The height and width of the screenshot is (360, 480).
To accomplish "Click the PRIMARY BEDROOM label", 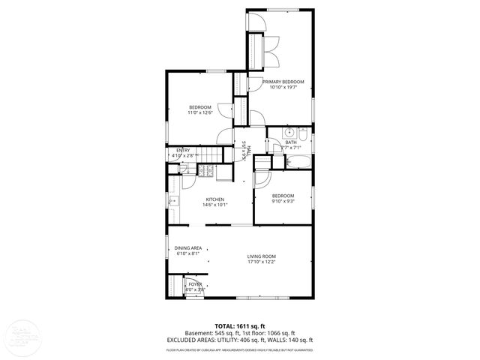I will [x=283, y=81].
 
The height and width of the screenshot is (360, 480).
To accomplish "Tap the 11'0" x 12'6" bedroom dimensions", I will [x=200, y=113].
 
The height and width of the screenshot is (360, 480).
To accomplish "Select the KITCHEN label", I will [x=215, y=199].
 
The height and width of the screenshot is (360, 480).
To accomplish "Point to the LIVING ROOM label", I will [x=262, y=256].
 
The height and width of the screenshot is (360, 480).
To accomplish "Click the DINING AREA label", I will [x=188, y=248].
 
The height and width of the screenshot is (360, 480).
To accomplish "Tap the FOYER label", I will [x=195, y=284].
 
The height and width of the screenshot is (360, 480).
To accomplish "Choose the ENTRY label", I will [x=183, y=151].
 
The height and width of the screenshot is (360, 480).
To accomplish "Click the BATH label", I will [x=290, y=142].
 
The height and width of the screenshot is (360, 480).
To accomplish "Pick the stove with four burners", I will [x=206, y=171].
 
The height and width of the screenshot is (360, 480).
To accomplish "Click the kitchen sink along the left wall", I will [x=173, y=201].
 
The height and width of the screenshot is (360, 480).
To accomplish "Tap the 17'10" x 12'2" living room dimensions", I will [x=262, y=262].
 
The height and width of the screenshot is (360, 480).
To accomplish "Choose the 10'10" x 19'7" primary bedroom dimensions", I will [x=283, y=87].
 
